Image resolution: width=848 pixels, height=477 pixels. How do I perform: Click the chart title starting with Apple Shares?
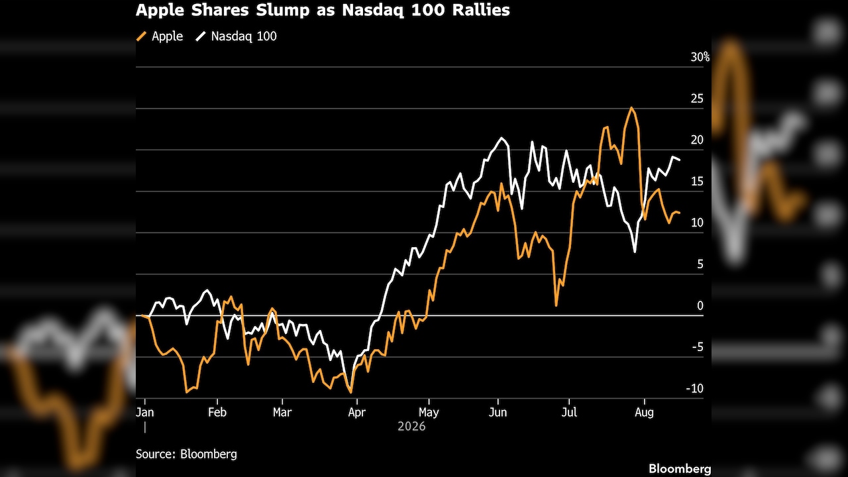tap(323, 10)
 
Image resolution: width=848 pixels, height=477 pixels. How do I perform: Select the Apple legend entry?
tap(160, 36)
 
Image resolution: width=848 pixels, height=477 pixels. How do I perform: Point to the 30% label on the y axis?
tap(700, 57)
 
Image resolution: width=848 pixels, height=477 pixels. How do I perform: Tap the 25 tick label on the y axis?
tap(697, 99)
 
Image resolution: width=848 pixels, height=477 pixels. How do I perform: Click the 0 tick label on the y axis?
tap(700, 305)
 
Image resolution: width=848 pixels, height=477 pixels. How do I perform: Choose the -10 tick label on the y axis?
tap(695, 388)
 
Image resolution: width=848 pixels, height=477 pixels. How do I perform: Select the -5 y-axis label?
tap(698, 346)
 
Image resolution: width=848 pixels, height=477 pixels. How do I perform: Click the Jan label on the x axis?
tap(144, 412)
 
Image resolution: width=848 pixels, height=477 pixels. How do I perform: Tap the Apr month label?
tap(357, 412)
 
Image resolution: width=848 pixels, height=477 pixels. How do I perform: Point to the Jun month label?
tap(498, 412)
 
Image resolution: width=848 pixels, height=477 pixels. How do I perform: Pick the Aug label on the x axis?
tap(645, 412)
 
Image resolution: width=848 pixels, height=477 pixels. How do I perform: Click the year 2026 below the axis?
tap(411, 427)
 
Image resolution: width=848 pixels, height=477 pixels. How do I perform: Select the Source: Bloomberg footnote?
tap(186, 454)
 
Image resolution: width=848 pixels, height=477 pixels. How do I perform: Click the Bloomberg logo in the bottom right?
tap(680, 468)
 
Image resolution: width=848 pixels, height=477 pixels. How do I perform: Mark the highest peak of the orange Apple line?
tap(631, 108)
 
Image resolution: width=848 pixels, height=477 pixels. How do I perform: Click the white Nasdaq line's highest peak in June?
tap(502, 138)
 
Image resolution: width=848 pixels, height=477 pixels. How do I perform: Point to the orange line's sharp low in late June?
tap(556, 305)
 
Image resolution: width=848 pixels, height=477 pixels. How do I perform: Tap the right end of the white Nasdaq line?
tap(680, 160)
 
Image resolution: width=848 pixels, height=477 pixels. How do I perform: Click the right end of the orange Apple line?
tap(680, 213)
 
